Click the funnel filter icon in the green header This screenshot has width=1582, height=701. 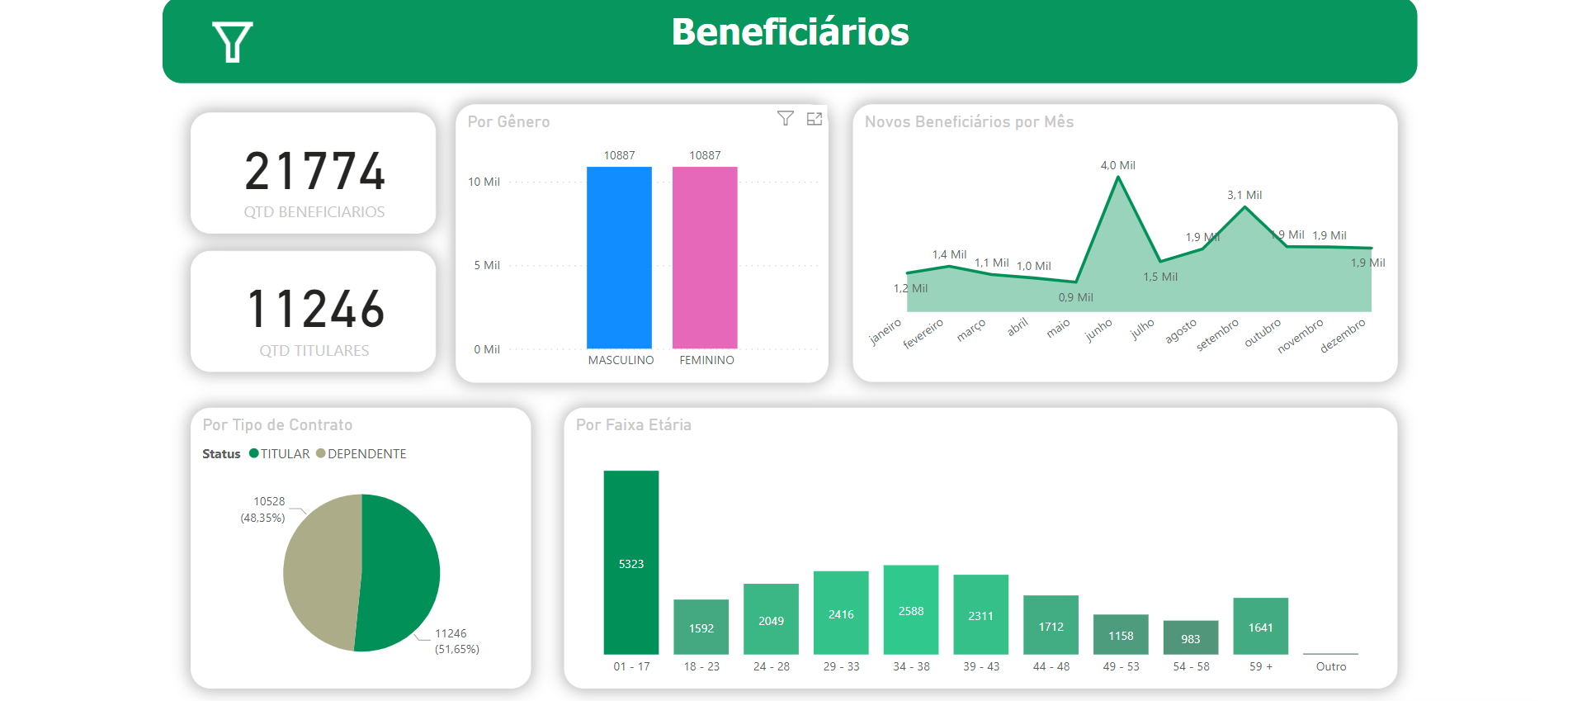click(232, 41)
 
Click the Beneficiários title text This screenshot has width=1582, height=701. click(790, 32)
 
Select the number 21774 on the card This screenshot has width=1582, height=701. click(314, 171)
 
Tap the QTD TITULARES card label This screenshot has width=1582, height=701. click(314, 351)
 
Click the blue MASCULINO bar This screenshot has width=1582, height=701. click(619, 258)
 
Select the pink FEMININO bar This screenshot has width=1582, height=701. click(705, 258)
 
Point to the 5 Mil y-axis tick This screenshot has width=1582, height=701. click(486, 266)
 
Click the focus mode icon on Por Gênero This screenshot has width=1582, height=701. click(815, 119)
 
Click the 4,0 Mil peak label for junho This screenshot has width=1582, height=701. click(1117, 165)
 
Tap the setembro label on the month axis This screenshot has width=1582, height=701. click(1218, 335)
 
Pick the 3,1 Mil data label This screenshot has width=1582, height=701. click(1244, 195)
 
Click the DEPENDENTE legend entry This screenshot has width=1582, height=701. click(362, 454)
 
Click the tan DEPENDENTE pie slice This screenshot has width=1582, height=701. click(323, 572)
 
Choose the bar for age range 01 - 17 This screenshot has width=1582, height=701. click(631, 562)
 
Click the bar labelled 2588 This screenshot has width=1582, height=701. click(911, 610)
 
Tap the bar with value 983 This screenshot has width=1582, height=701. click(1191, 637)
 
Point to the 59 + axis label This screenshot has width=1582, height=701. click(1261, 666)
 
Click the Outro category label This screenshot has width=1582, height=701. click(1330, 666)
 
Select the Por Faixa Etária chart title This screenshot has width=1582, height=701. click(634, 424)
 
